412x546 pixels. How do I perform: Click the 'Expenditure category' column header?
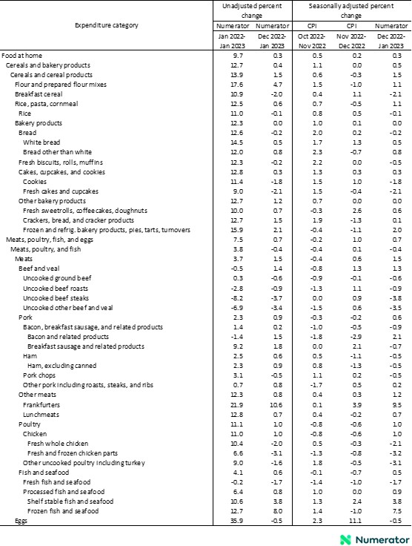click(106, 25)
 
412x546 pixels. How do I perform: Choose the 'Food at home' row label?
click(21, 56)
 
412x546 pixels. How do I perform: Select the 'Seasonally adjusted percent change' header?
click(350, 10)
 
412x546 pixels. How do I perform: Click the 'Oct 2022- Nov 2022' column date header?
click(316, 40)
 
